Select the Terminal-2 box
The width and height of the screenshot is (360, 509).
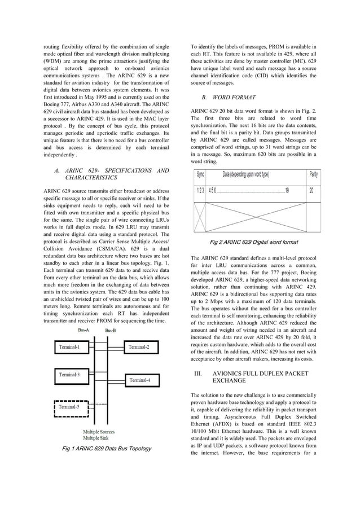point(139,347)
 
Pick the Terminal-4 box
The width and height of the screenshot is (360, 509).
point(139,380)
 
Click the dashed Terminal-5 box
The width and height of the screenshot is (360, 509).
point(70,407)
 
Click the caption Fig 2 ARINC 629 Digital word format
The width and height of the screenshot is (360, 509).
point(253,242)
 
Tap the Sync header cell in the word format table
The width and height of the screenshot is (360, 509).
point(200,174)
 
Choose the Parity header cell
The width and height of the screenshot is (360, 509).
point(314,174)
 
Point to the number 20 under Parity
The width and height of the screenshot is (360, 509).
point(311,190)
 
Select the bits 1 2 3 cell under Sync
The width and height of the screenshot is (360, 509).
point(200,190)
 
